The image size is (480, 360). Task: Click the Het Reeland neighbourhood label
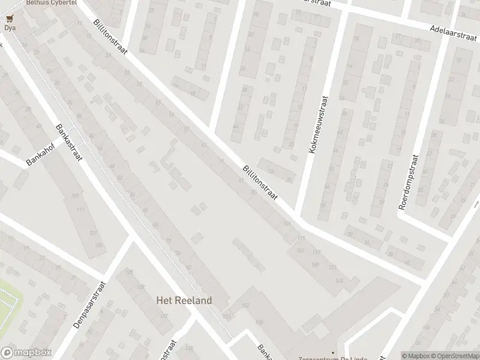tap(184, 300)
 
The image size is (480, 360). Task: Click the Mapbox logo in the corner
tap(25, 353)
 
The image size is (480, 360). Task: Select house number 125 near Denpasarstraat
tap(128, 272)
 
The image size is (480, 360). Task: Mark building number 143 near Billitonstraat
tap(340, 280)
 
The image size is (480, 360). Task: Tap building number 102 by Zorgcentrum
tap(245, 305)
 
